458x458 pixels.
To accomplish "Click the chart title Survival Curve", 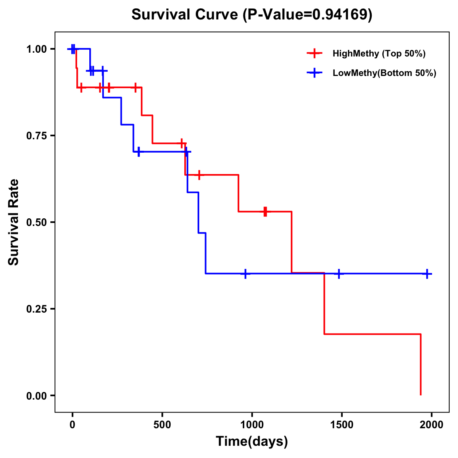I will coord(186,15).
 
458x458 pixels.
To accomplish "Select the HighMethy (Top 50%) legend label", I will coord(379,53).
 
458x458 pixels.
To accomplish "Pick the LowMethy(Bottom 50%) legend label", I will coord(384,73).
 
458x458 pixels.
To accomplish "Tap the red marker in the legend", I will coord(314,53).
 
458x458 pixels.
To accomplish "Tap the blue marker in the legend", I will coord(314,73).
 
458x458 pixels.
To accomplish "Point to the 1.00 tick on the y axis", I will coord(37,49).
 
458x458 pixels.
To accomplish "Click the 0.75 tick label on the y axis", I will coord(37,136).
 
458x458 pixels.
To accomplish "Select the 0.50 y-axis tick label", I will coord(37,223).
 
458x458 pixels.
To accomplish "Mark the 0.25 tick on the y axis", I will coord(37,309).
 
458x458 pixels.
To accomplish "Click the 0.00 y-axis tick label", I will coord(37,396).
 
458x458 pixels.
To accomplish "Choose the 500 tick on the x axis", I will coord(162,425).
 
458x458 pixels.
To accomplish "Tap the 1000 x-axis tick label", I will coord(252,425).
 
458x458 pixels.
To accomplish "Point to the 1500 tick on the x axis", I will coord(342,425).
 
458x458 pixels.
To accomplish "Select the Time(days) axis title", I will coord(252,442).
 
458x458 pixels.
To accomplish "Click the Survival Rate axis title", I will coord(14,222).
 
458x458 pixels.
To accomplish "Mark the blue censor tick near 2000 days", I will coord(427,274).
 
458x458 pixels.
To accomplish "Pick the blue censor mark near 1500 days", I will coord(339,274).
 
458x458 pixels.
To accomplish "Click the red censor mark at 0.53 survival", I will coord(265,211).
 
